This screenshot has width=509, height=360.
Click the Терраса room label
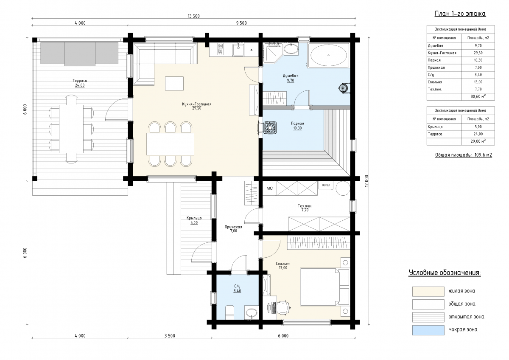80,81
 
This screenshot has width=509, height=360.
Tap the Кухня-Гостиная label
196,104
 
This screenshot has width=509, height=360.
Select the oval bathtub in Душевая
329,55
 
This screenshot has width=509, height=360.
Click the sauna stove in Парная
270,128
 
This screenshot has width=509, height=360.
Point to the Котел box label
326,185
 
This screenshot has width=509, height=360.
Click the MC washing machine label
269,188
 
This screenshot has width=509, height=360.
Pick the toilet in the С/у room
229,312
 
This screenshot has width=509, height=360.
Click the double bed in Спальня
324,287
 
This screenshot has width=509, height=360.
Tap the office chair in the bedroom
284,308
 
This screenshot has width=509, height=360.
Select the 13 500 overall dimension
193,16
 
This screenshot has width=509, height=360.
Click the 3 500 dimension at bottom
170,336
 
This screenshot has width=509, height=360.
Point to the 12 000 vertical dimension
366,181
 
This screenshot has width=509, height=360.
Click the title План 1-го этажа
460,14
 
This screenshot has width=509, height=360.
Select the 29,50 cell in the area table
478,53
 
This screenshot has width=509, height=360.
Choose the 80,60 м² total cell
478,96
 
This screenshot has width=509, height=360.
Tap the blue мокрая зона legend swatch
428,330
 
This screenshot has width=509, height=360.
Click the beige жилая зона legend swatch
428,292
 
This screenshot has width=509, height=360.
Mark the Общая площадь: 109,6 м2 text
464,155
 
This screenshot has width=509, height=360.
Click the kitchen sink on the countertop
238,50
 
